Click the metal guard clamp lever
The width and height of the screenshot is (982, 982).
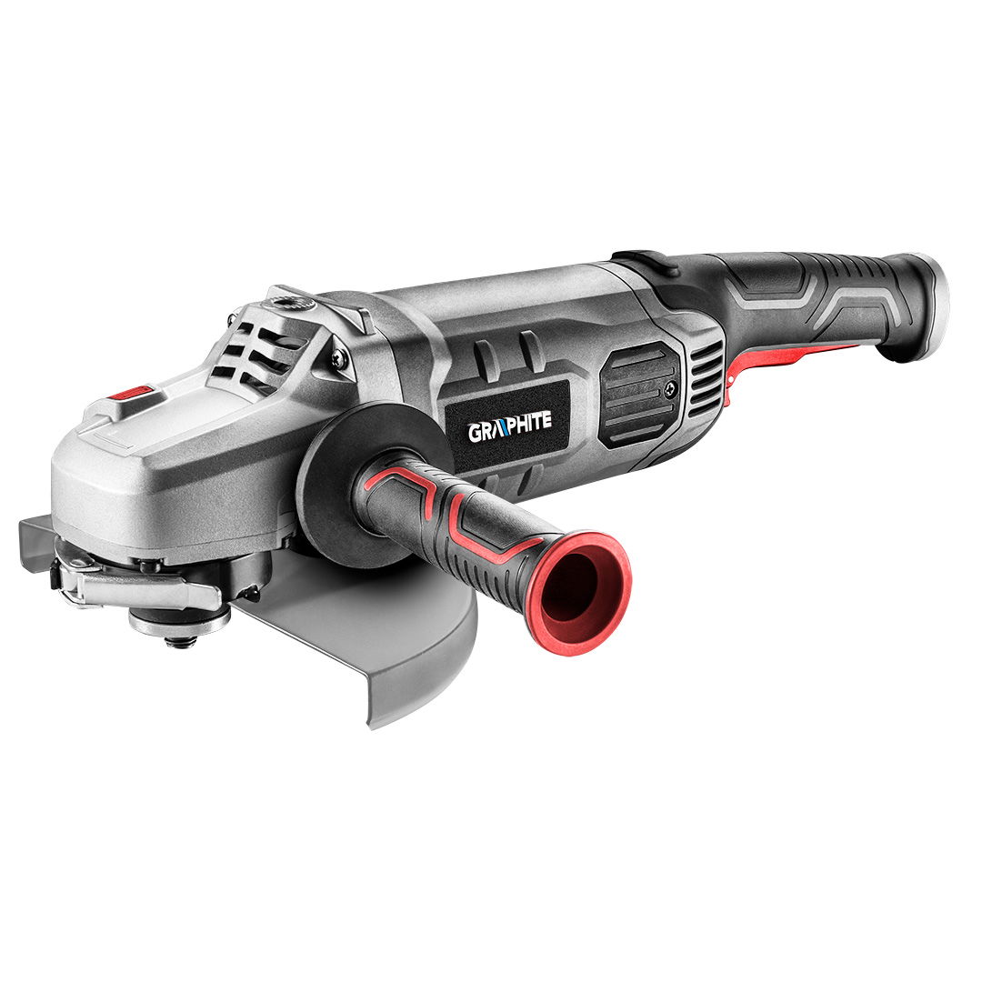[145, 586]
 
